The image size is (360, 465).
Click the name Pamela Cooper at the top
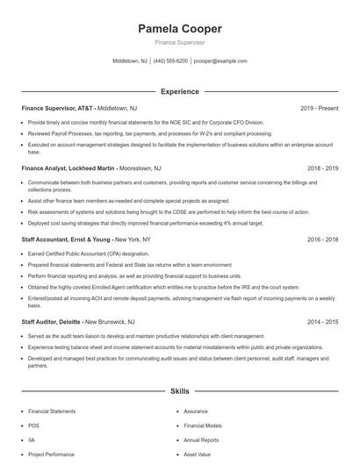click(179, 29)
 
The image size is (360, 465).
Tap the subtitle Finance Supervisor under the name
click(179, 42)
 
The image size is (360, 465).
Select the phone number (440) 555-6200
click(170, 61)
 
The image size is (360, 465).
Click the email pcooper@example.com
click(220, 61)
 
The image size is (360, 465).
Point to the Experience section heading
click(179, 91)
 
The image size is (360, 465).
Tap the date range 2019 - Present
click(319, 109)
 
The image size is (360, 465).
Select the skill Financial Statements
click(51, 410)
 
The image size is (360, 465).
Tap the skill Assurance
click(195, 410)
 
